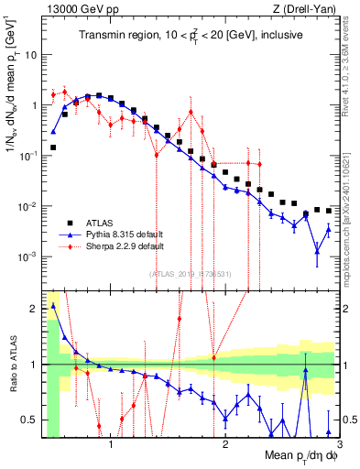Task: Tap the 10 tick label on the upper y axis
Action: (29, 54)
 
